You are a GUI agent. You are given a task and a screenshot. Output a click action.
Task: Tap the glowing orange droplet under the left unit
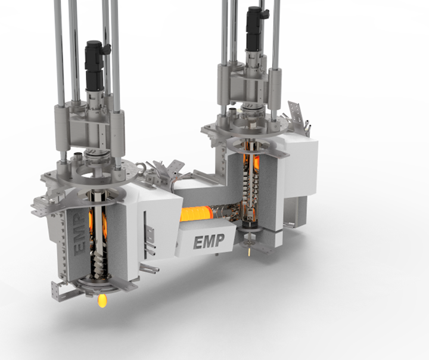point(102,300)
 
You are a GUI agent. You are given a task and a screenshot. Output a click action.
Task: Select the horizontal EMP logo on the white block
point(209,241)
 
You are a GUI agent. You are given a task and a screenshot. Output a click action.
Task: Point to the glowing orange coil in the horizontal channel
point(197,213)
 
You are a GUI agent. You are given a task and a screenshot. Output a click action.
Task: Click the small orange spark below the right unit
point(249,252)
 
